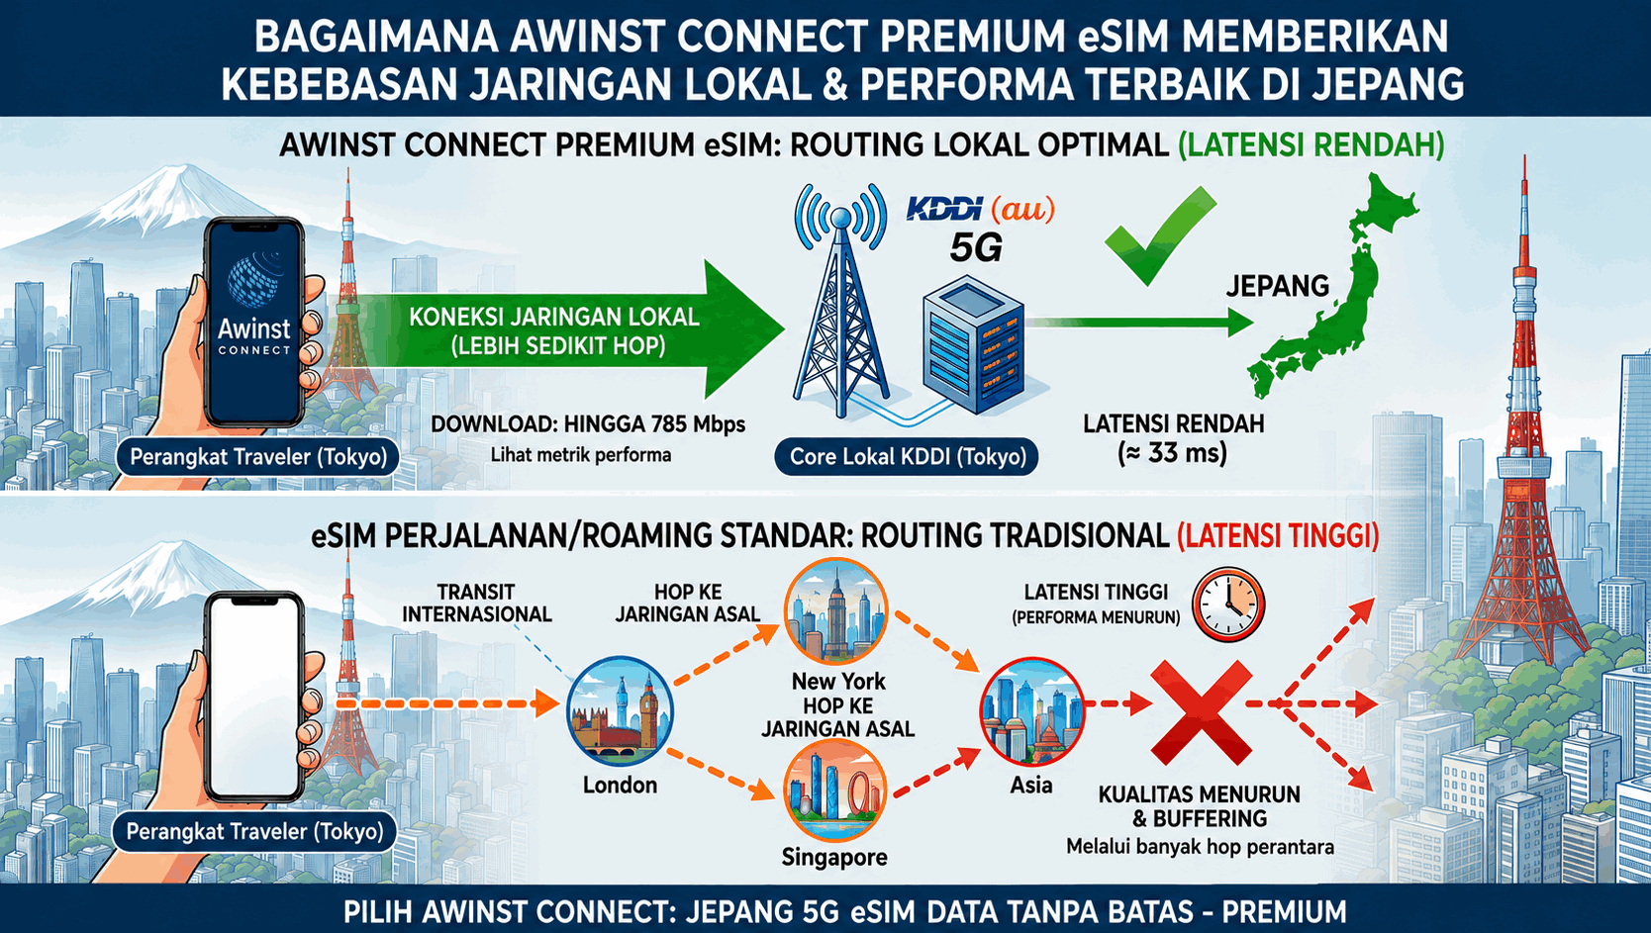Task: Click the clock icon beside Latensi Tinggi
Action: pyautogui.click(x=1228, y=605)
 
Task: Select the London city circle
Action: pyautogui.click(x=620, y=712)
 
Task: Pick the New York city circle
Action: pyautogui.click(x=835, y=610)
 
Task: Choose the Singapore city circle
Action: pyautogui.click(x=834, y=791)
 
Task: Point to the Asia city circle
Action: pyautogui.click(x=1031, y=712)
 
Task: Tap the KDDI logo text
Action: pyautogui.click(x=944, y=210)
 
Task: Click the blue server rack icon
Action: pyautogui.click(x=973, y=345)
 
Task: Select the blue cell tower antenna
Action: pyautogui.click(x=841, y=299)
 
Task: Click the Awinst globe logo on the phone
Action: pyautogui.click(x=254, y=279)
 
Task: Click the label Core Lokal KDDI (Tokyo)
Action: pyautogui.click(x=908, y=457)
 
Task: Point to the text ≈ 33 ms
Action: pyautogui.click(x=1173, y=452)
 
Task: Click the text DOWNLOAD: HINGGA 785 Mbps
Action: pyautogui.click(x=588, y=424)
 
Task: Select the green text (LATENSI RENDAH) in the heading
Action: pyautogui.click(x=1311, y=145)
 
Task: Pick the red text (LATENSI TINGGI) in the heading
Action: pyautogui.click(x=1278, y=536)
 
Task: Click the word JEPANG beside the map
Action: pyautogui.click(x=1277, y=286)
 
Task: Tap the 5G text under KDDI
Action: pyautogui.click(x=975, y=247)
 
